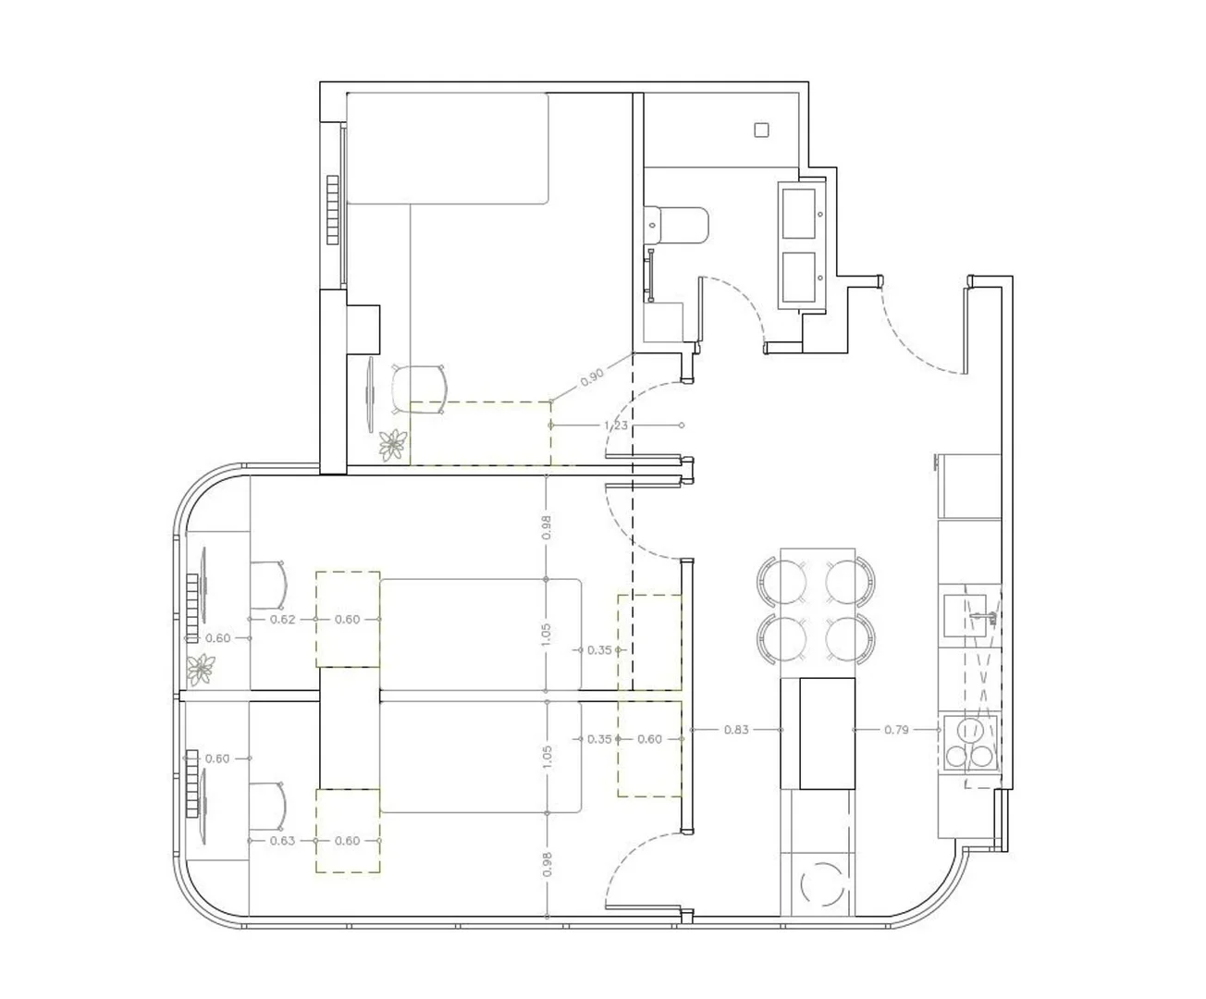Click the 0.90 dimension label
coord(592,377)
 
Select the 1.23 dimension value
coord(616,425)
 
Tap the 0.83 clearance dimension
coord(736,730)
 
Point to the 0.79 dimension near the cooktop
coord(896,730)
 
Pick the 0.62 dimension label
coord(282,620)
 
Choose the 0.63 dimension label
coord(282,841)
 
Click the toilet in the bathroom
coord(676,226)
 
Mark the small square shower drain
coord(761,130)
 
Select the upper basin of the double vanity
coord(799,213)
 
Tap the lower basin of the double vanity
coord(799,277)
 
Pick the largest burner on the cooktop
coord(970,730)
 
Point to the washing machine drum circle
coord(822,884)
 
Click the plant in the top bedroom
coord(393,445)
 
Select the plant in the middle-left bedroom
coord(201,670)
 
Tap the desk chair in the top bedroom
coord(419,388)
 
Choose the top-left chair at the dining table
coord(782,581)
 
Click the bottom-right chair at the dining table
coord(850,638)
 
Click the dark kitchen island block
coord(818,734)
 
